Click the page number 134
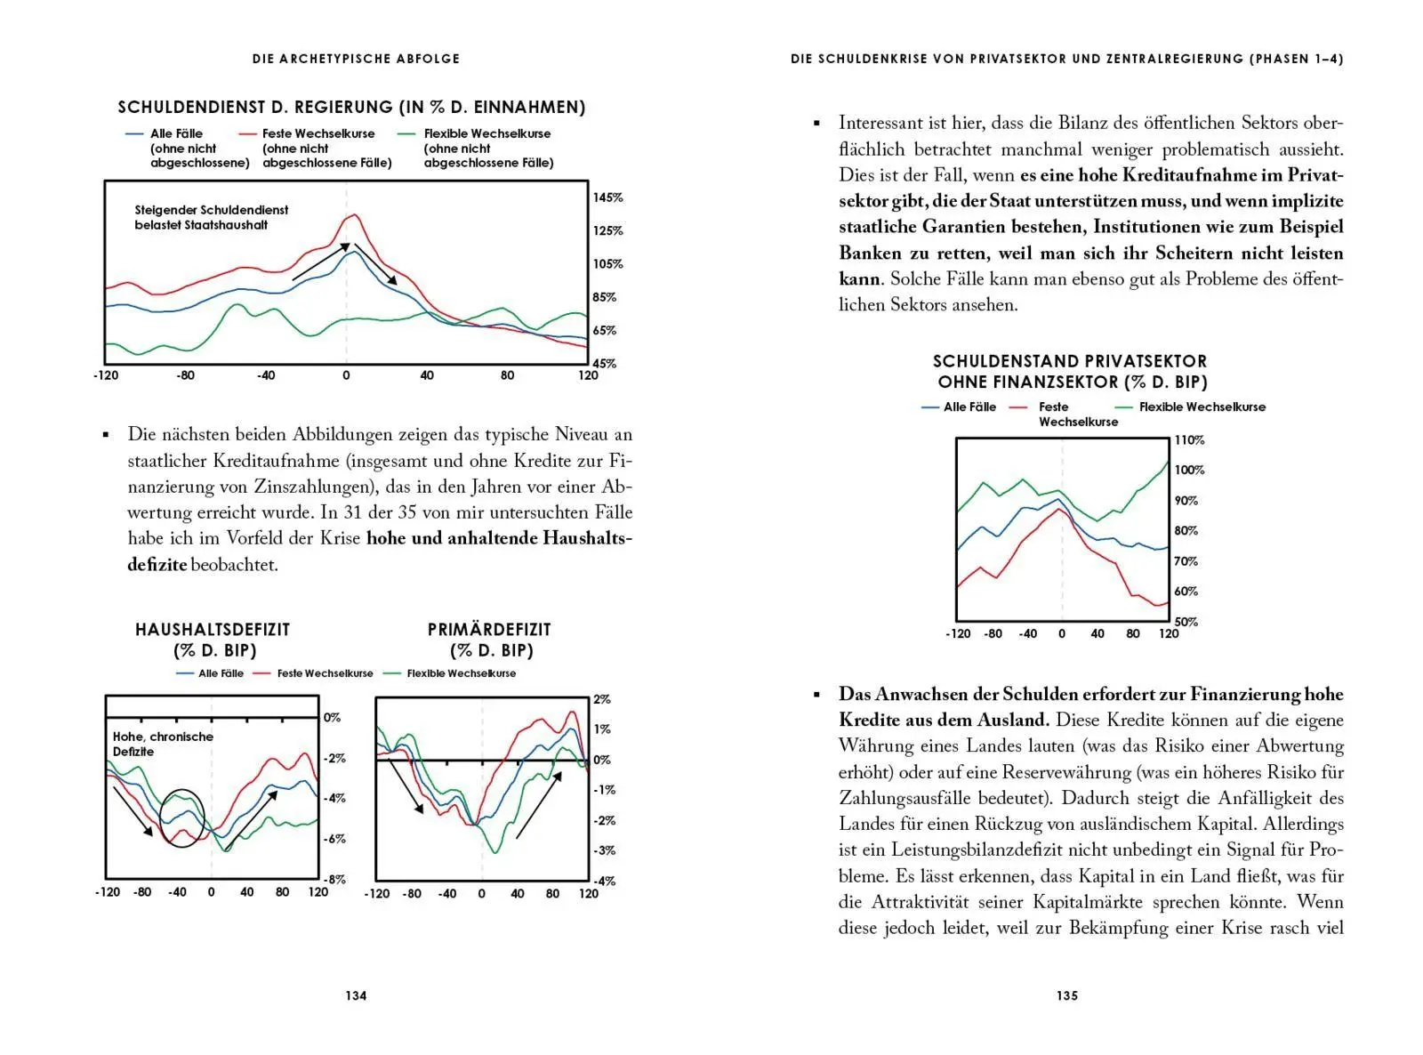coord(356,995)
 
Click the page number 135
coord(1067,995)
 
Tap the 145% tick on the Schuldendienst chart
coord(607,197)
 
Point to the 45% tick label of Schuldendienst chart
coord(605,363)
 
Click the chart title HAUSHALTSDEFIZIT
coord(213,629)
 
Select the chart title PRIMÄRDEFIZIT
coord(489,629)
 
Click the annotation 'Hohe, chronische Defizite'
coord(162,744)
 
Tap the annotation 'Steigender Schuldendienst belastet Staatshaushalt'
coord(212,217)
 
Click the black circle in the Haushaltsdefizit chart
coord(181,817)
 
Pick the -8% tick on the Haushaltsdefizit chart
coord(334,879)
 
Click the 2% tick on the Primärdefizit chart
coord(602,699)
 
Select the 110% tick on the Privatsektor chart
coord(1189,440)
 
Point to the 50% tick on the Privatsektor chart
coord(1186,622)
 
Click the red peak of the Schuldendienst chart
coord(354,214)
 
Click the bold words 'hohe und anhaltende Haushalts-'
coord(499,538)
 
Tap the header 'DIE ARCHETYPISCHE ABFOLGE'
coord(356,59)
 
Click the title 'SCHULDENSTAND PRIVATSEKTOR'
coord(1070,361)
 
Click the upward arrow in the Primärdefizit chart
coord(539,805)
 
